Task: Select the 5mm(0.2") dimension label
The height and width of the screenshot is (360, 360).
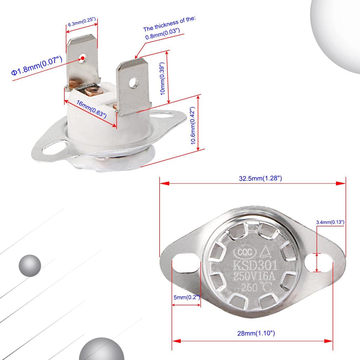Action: click(187, 297)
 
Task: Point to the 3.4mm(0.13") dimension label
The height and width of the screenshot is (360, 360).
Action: click(330, 222)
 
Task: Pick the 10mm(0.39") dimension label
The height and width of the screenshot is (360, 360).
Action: click(162, 79)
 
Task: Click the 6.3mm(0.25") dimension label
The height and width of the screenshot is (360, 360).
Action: click(82, 24)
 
